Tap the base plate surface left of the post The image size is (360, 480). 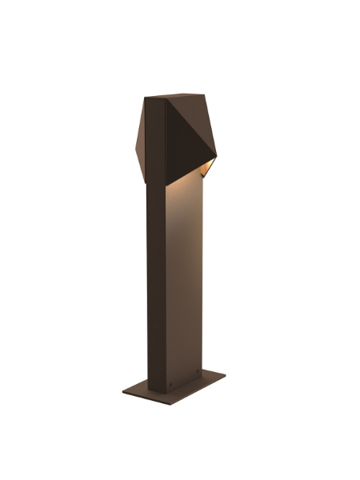click(x=138, y=390)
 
